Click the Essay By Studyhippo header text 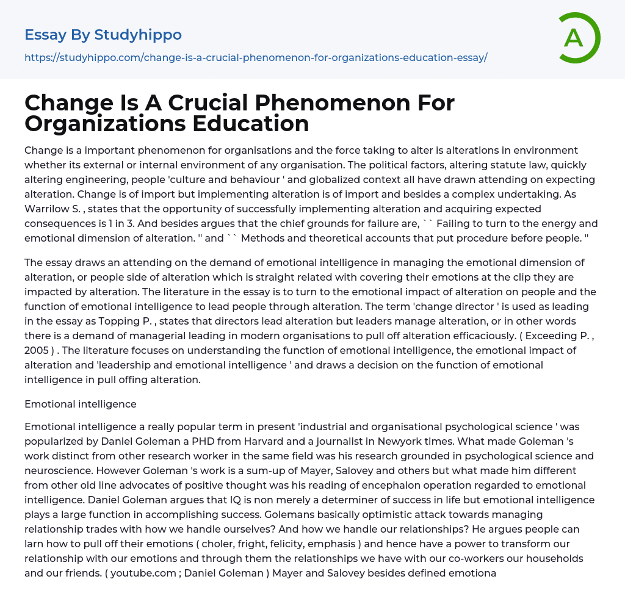pyautogui.click(x=103, y=35)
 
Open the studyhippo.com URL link pyautogui.click(x=256, y=57)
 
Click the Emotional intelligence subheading pyautogui.click(x=81, y=404)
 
